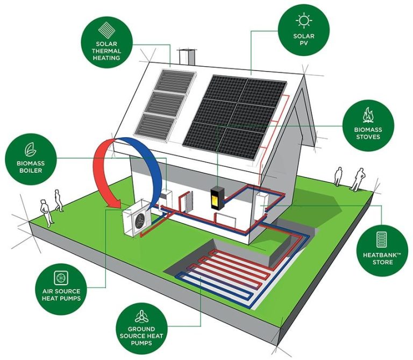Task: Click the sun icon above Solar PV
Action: (304, 20)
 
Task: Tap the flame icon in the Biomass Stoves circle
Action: (368, 115)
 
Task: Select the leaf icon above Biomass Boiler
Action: (31, 150)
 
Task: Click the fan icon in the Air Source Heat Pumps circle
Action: (61, 278)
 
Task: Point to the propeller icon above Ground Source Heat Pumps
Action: (141, 316)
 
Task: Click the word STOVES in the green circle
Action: (368, 137)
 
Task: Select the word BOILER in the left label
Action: (31, 170)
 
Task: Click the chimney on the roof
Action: (187, 57)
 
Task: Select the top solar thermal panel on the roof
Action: (174, 82)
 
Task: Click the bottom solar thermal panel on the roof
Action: (155, 128)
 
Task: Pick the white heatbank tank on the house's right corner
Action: (261, 206)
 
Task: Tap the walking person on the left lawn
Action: (59, 200)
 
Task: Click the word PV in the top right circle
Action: (304, 43)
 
